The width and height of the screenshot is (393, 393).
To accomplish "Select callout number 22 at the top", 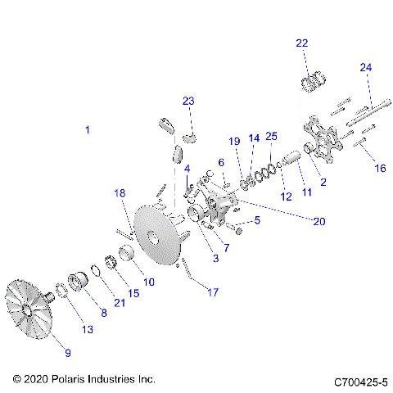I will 302,43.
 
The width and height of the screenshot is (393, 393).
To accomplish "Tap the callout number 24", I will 365,67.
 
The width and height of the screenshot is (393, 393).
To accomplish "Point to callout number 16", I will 379,168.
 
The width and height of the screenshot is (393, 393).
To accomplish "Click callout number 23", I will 188,101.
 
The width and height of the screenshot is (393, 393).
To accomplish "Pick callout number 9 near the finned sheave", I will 68,353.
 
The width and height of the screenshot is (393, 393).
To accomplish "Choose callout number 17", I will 215,291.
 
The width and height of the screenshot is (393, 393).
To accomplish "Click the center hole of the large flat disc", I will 152,240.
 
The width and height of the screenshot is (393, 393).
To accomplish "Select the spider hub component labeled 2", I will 321,144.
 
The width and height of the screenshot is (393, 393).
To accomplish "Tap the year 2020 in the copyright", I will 37,380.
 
